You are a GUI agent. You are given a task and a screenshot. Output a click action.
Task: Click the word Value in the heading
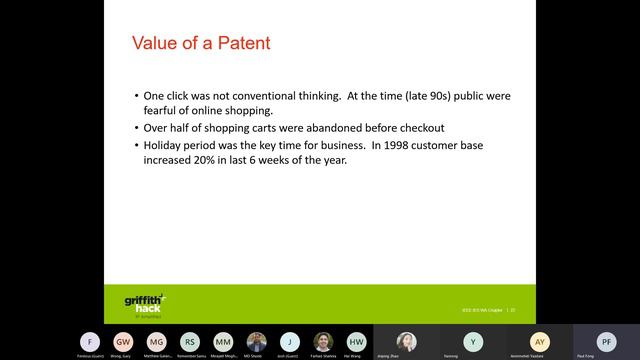pos(156,44)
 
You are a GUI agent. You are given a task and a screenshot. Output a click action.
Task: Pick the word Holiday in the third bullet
pos(163,145)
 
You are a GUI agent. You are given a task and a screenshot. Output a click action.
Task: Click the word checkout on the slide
pos(417,127)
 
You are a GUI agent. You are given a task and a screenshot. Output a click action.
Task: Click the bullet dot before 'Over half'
pos(136,127)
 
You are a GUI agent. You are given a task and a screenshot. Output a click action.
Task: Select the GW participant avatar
pos(123,341)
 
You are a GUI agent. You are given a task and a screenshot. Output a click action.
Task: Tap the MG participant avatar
pos(156,341)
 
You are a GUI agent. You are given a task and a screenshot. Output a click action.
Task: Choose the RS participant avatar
pos(190,341)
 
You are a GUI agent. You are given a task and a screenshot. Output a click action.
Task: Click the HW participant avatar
pos(356,341)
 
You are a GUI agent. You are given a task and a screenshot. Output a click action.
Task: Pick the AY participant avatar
pos(540,341)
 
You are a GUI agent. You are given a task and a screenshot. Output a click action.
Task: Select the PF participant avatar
pos(606,341)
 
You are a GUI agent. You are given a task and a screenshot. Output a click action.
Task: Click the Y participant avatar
pos(473,341)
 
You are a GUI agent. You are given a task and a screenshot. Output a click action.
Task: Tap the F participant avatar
pos(90,341)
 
